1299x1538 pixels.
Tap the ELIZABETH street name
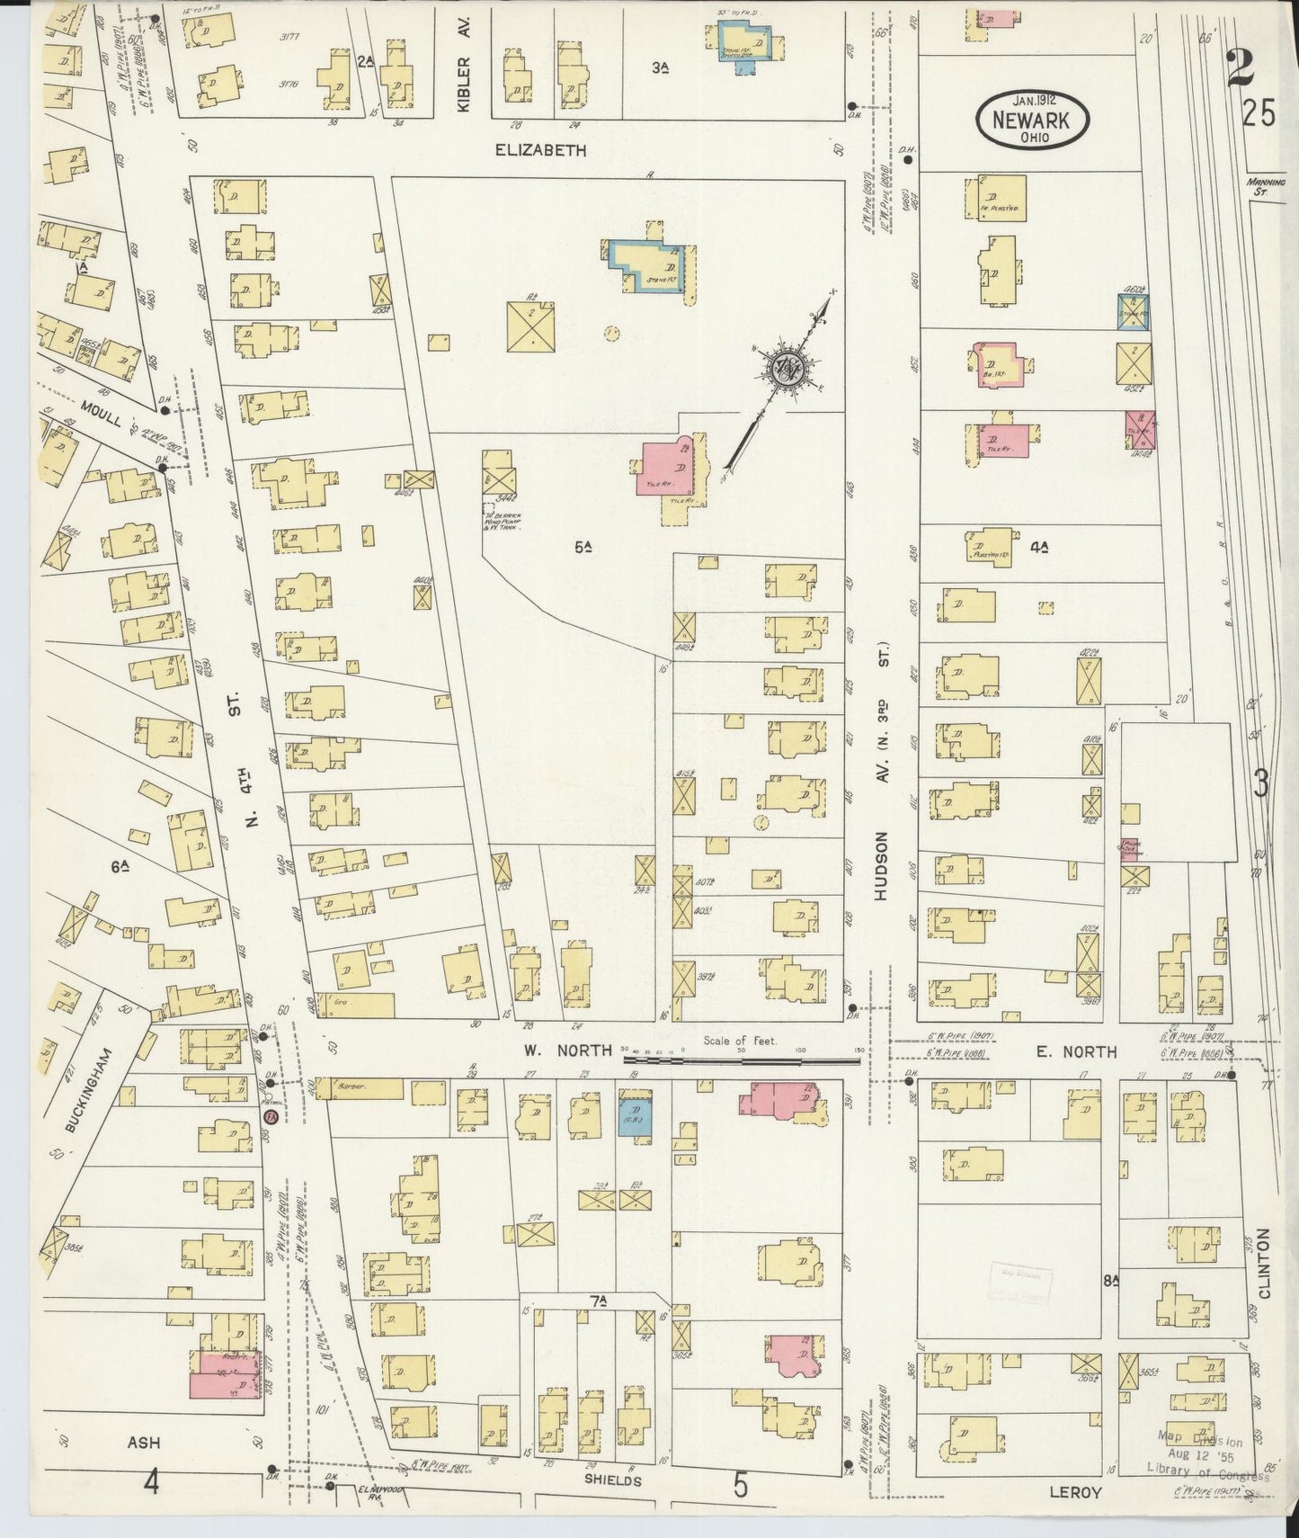539,150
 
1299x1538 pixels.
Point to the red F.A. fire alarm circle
269,1116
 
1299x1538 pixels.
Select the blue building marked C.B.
636,1112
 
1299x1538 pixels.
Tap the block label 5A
583,546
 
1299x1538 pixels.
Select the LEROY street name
1075,1492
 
